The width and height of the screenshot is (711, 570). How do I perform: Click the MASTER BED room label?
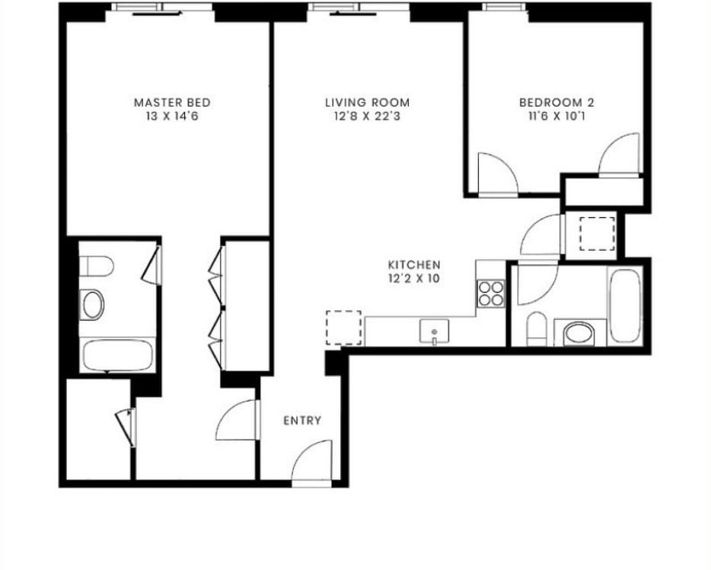pos(172,102)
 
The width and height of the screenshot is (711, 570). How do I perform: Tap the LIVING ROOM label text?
pos(368,102)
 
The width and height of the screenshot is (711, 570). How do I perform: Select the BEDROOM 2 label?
pos(556,102)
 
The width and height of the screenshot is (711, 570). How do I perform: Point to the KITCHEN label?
pos(414,264)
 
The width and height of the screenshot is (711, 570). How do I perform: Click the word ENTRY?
pos(302,421)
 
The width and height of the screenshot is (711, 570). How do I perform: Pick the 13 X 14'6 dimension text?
pos(172,117)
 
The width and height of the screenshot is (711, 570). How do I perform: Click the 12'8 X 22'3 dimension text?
pos(368,117)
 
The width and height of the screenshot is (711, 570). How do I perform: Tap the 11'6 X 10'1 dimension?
pos(556,117)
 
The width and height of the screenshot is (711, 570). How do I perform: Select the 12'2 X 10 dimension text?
pos(414,279)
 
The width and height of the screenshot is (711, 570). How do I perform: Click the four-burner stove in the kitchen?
pos(491,293)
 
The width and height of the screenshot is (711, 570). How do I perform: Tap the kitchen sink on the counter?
pos(434,331)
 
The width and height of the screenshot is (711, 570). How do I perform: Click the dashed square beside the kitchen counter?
pos(340,328)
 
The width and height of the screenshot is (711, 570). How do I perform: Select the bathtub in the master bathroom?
pos(119,355)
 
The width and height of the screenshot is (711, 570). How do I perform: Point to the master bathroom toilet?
pos(97,266)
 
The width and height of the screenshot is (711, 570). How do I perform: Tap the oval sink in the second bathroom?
pos(580,333)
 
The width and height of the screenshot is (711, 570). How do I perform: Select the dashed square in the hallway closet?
pos(597,233)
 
